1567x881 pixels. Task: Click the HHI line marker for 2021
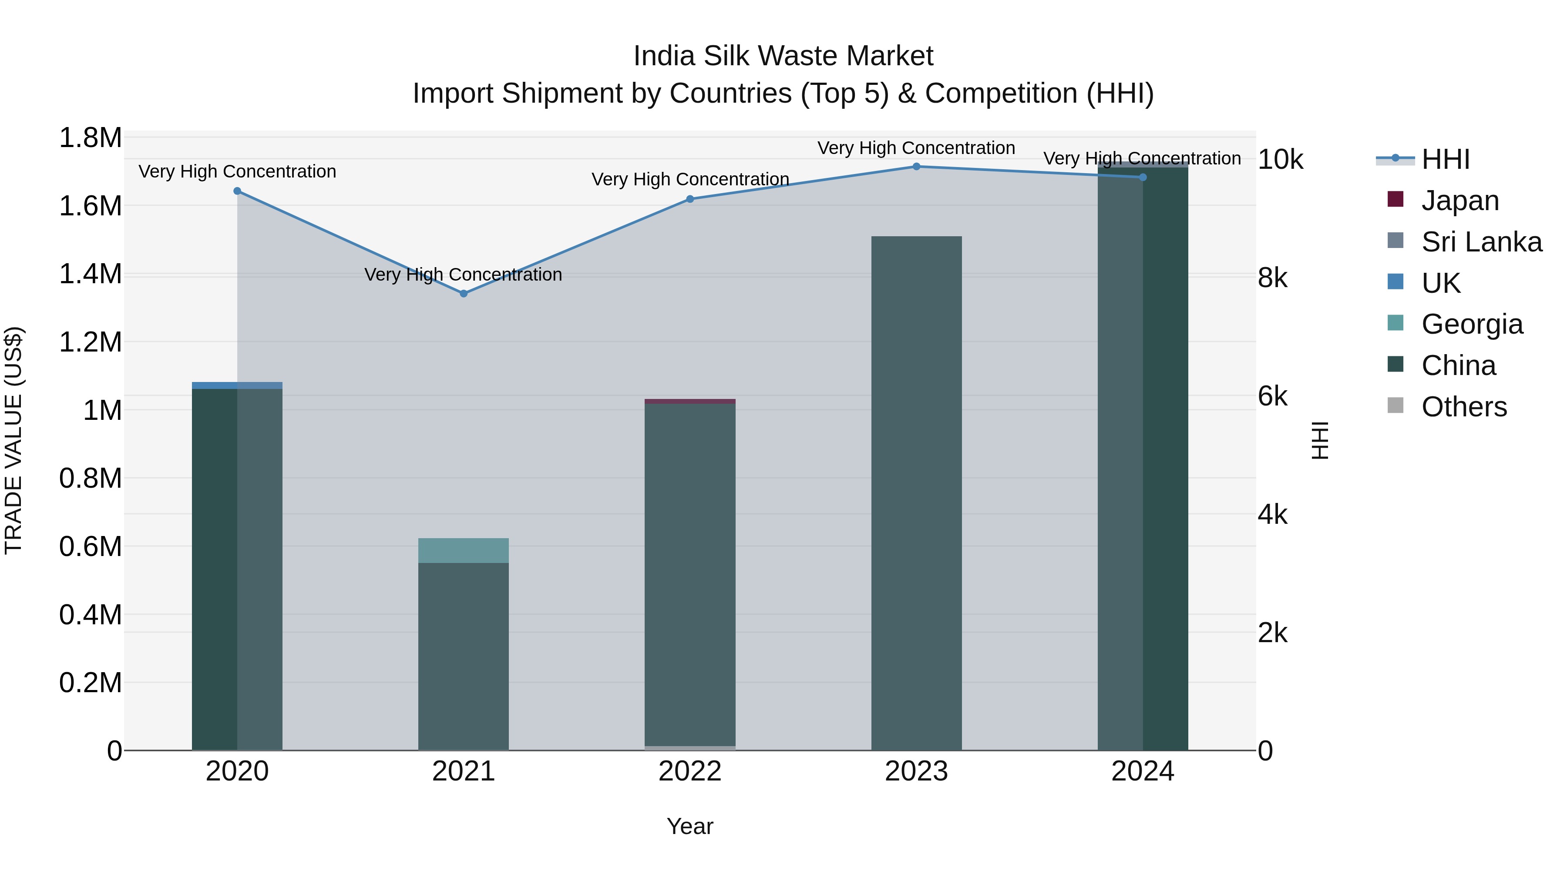[464, 294]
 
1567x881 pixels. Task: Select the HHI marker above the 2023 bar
[916, 167]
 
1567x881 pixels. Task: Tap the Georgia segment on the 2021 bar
[464, 550]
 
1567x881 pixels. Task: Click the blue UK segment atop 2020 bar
[237, 385]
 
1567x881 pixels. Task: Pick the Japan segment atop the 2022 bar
[690, 401]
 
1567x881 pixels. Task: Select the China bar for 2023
[916, 492]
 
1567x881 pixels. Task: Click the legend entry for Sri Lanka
[1481, 242]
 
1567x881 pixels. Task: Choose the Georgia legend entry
[1472, 324]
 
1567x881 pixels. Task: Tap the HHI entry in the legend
[1445, 159]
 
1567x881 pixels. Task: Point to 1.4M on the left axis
[90, 274]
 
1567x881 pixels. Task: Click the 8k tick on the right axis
[1273, 278]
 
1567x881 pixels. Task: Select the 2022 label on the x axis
[690, 771]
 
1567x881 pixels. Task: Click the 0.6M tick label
[90, 546]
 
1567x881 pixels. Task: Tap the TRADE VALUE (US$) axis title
[13, 440]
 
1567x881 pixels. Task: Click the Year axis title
[690, 826]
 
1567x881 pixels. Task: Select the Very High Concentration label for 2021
[463, 275]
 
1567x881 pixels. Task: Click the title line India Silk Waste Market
[783, 56]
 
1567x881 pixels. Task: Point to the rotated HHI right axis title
[1319, 440]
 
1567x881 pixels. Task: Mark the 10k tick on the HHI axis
[1280, 160]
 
